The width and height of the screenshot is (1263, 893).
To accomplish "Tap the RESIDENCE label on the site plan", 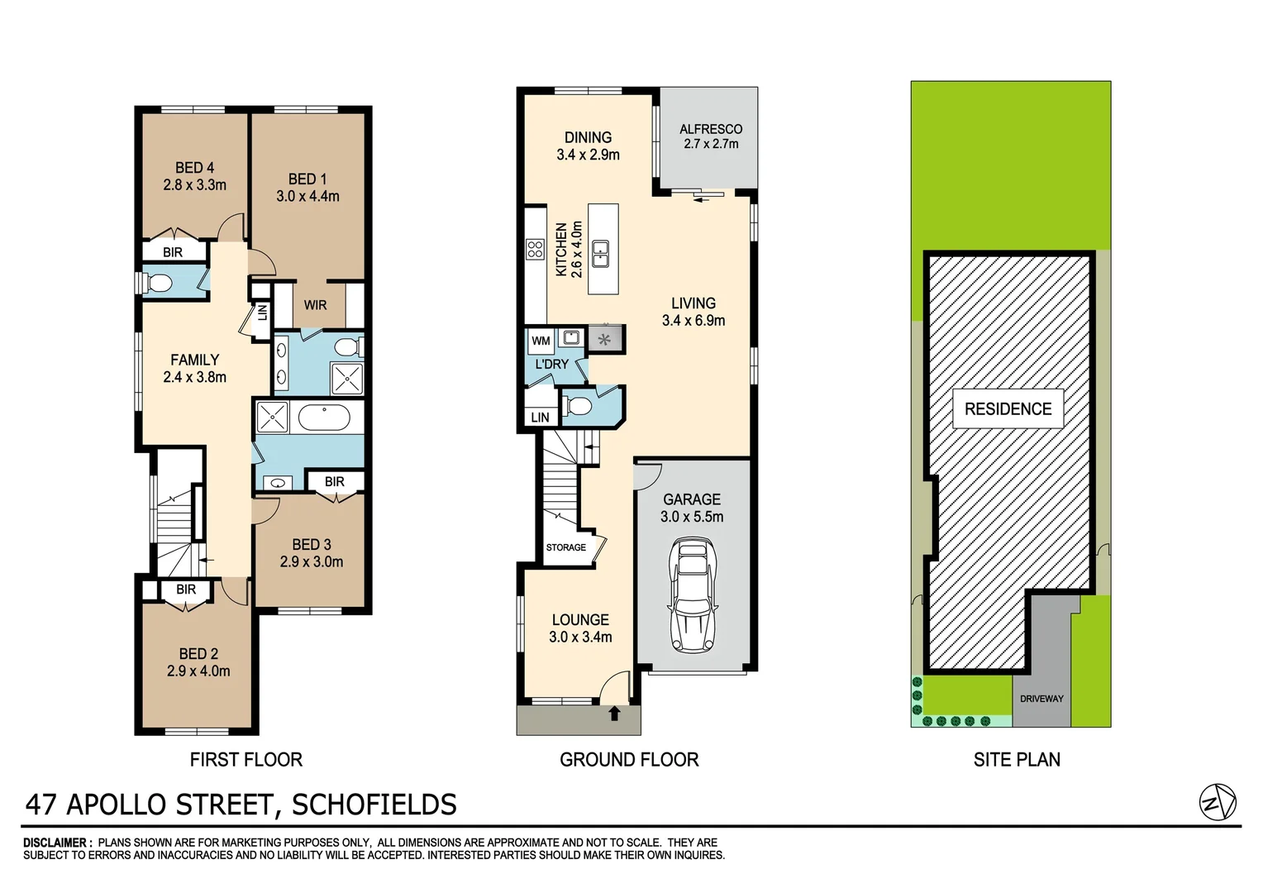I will point(1008,409).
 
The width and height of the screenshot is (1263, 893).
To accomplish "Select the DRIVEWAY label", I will point(1041,699).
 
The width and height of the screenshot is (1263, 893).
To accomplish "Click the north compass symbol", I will point(1218,802).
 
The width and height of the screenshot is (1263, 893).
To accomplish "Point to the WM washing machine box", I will point(541,341).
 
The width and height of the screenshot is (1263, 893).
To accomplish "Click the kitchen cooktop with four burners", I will point(535,249).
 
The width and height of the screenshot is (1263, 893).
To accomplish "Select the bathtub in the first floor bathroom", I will point(325,418).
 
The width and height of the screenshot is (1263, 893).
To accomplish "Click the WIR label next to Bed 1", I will point(315,305).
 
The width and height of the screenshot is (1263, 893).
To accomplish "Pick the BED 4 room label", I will point(194,168).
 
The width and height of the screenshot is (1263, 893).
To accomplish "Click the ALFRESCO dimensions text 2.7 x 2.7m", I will point(711,144).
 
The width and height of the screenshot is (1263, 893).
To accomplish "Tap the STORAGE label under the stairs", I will point(565,547).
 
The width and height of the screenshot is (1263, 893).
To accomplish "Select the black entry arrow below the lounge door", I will point(614,714).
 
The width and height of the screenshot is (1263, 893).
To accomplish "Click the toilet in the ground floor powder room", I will point(578,406).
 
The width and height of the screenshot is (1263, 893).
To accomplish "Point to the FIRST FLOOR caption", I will point(246,759).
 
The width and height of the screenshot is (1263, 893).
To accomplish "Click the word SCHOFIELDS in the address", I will point(374,805).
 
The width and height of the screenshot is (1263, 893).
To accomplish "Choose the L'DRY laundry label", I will point(551,364).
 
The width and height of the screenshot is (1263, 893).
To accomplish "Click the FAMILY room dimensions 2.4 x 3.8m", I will point(194,377).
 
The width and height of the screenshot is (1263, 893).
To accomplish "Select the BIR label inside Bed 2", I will point(186,590).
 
